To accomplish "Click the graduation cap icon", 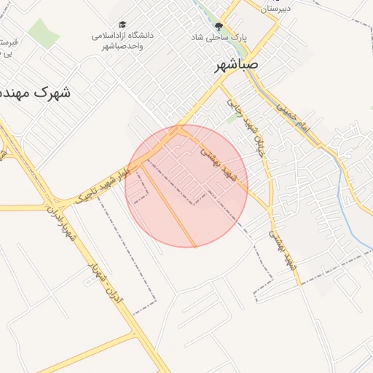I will (122, 24).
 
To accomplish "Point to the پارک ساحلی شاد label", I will (219, 36).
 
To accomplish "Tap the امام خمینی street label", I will (296, 116).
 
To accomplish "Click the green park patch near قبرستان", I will (44, 34).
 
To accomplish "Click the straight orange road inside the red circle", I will (169, 204).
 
